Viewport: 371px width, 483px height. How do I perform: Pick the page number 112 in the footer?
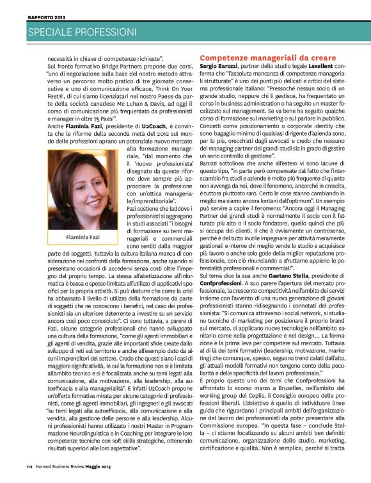click(x=29, y=474)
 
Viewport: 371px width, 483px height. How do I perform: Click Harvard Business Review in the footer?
click(x=63, y=474)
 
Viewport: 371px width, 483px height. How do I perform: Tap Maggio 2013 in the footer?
click(x=107, y=474)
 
